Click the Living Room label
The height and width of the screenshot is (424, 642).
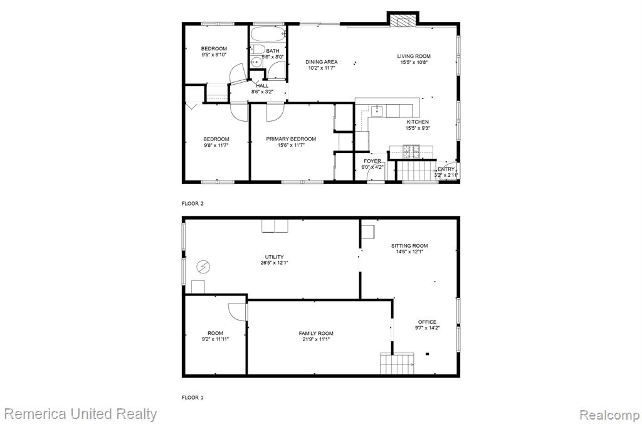point(414,56)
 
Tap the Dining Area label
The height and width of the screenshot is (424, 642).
point(322,62)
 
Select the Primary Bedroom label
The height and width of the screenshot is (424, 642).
point(291,139)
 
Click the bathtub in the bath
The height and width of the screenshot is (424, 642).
point(268,34)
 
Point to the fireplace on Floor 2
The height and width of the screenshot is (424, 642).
point(403,21)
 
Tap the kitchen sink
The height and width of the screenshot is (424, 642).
point(377,111)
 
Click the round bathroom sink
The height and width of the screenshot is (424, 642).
point(256,63)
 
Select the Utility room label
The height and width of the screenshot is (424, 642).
point(275,257)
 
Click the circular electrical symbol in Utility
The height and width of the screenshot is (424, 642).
point(203,267)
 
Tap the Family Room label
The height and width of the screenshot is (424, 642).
point(316,334)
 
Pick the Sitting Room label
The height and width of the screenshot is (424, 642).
point(409,246)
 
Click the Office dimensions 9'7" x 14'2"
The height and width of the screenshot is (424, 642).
point(427,328)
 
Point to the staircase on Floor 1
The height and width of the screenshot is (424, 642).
point(397,364)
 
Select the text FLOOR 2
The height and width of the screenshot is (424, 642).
point(192,203)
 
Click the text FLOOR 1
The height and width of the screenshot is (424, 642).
point(192,398)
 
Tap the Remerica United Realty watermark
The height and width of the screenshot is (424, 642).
point(81,414)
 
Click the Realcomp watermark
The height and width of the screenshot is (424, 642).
point(609,415)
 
